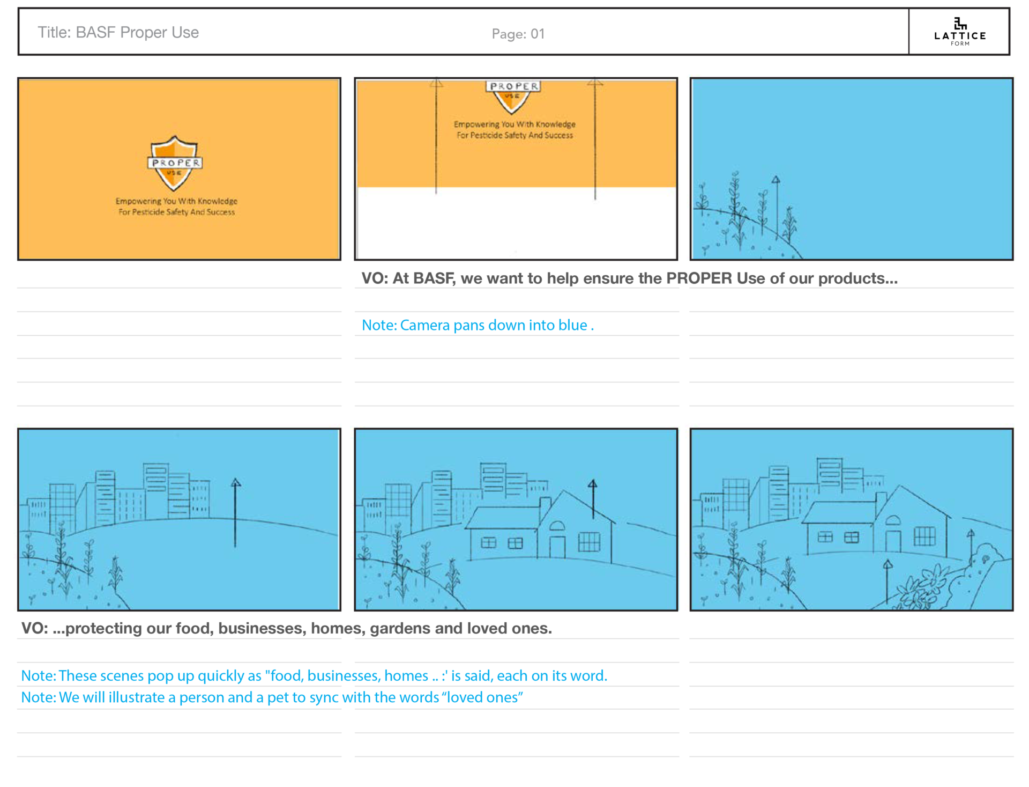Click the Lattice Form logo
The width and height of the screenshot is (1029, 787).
click(960, 32)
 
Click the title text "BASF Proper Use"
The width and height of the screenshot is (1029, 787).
click(137, 33)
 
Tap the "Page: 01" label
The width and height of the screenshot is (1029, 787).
click(518, 34)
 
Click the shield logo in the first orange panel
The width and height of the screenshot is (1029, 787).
click(175, 163)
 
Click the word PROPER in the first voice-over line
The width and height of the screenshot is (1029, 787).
click(699, 278)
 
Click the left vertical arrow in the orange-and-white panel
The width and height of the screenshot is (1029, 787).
click(436, 136)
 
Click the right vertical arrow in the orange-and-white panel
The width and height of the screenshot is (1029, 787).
click(595, 139)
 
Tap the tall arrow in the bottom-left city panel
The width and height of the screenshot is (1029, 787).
click(235, 513)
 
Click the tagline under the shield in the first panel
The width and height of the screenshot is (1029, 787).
click(177, 207)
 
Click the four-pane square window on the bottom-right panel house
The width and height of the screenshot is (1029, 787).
click(924, 536)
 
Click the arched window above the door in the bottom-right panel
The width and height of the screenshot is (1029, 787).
click(893, 520)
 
